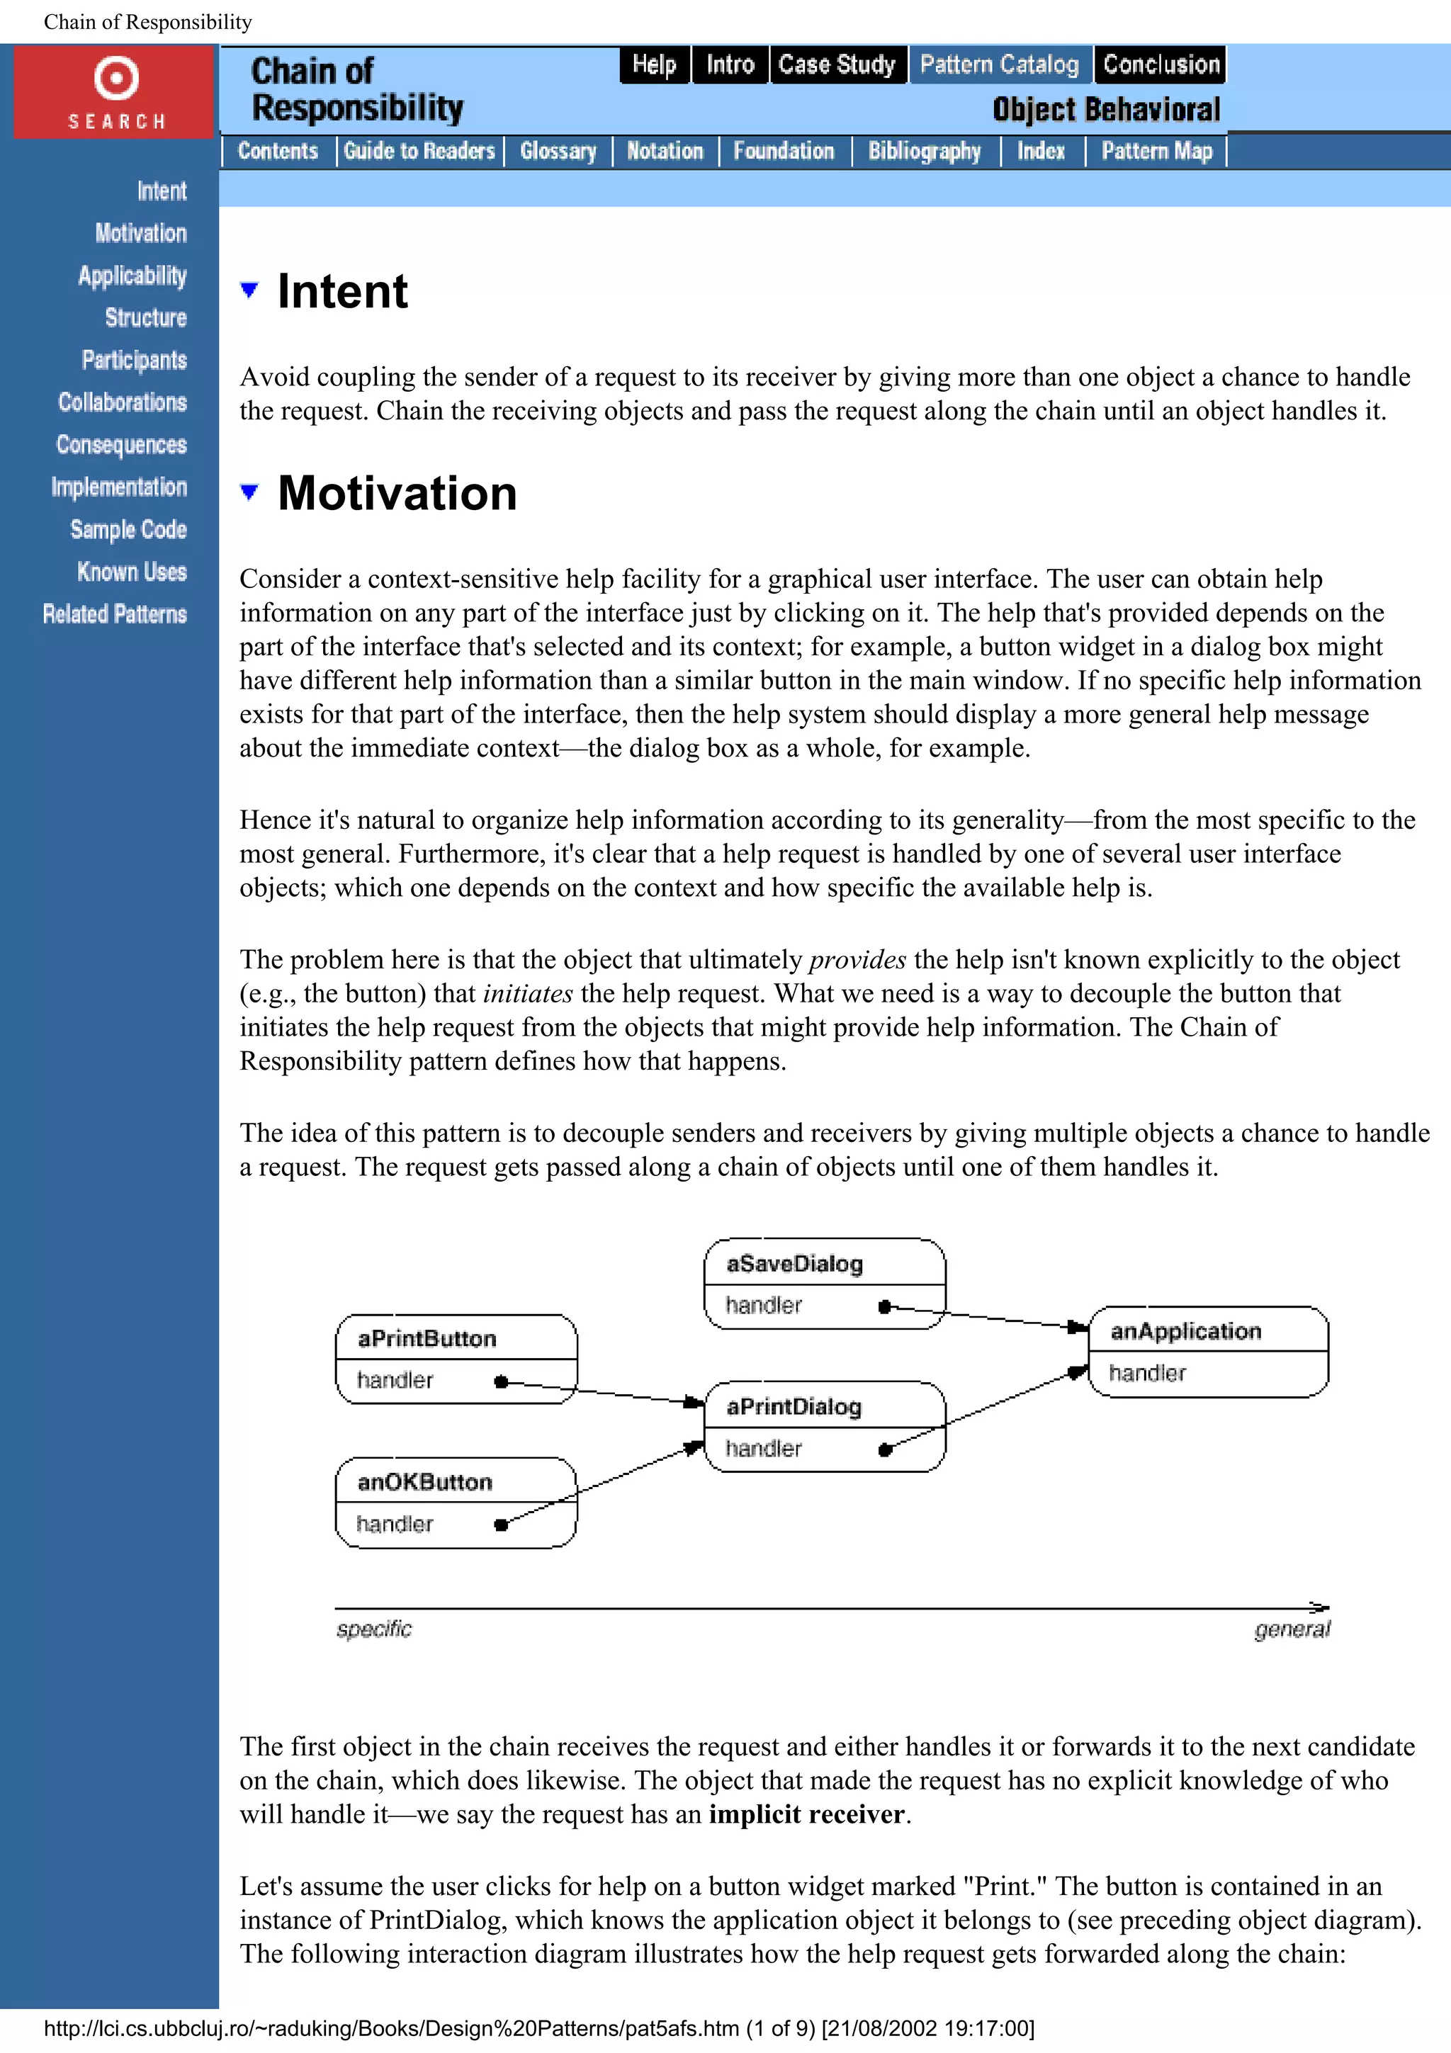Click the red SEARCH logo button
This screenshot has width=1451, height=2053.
(x=115, y=92)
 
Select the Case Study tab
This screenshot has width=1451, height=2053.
(x=837, y=64)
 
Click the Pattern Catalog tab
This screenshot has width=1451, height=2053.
(x=1000, y=64)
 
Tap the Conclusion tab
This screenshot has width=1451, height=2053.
(x=1161, y=64)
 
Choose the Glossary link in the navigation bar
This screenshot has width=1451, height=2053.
(x=558, y=151)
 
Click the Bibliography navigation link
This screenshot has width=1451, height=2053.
(x=925, y=151)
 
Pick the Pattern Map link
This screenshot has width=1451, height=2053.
(x=1156, y=151)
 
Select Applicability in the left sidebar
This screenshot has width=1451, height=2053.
(x=132, y=276)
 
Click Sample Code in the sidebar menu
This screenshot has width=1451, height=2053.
(x=128, y=529)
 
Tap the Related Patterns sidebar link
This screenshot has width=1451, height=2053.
(x=115, y=614)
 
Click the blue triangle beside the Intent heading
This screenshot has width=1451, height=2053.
(x=249, y=290)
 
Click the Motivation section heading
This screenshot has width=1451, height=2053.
(x=397, y=494)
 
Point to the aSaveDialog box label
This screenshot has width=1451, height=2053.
(x=794, y=1263)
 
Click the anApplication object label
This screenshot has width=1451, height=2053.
(x=1185, y=1331)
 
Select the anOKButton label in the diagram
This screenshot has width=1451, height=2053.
(x=424, y=1483)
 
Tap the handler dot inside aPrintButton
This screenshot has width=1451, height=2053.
(x=501, y=1381)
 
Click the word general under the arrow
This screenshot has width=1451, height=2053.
(x=1292, y=1629)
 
